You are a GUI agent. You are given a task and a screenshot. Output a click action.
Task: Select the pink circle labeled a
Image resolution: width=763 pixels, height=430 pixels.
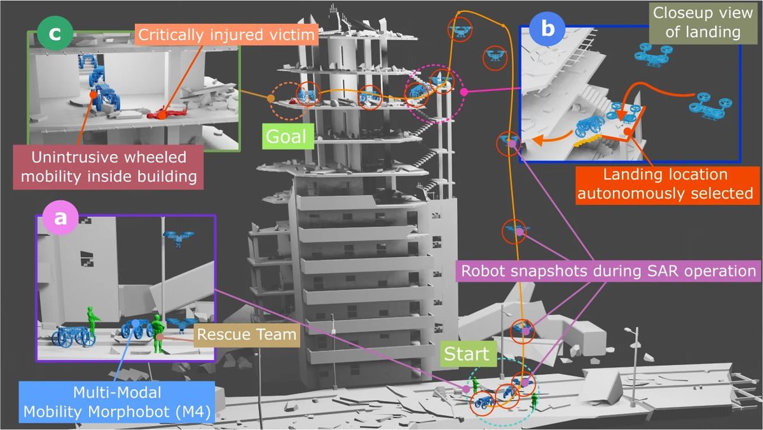(61, 217)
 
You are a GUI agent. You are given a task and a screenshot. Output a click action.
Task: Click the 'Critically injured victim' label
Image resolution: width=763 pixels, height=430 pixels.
(227, 34)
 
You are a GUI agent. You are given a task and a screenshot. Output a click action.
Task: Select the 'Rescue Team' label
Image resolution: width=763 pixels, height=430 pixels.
(245, 333)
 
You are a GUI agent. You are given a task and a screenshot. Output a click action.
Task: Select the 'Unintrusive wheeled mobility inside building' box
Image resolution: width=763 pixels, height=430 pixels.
(108, 167)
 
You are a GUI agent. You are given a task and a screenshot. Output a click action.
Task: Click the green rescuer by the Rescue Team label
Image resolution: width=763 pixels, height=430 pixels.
(158, 338)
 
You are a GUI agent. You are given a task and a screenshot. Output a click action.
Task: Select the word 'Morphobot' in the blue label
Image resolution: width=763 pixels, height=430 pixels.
(150, 412)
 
